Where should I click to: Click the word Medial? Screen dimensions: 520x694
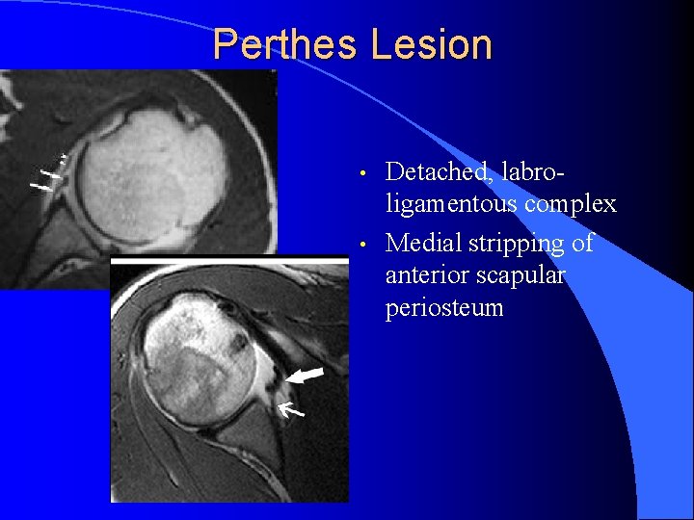(425, 243)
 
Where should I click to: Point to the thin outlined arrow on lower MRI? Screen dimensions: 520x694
(290, 411)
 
